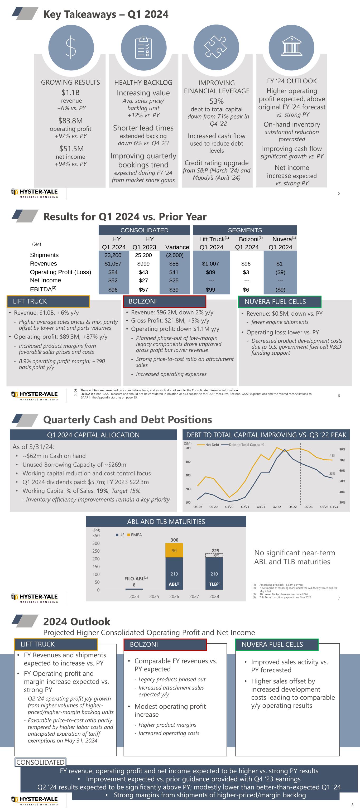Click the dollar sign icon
pos(71,47)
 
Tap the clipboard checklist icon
pos(143,47)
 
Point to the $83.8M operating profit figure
pos(70,121)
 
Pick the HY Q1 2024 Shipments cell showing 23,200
pos(113,255)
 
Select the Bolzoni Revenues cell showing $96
pos(246,263)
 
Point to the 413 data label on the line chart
pos(332,455)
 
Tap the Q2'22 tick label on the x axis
pos(277,507)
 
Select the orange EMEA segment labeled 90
pos(174,551)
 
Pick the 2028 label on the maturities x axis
pos(214,596)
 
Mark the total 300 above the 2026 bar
pos(174,540)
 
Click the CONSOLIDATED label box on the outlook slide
pos(40,762)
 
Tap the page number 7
pos(339,598)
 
